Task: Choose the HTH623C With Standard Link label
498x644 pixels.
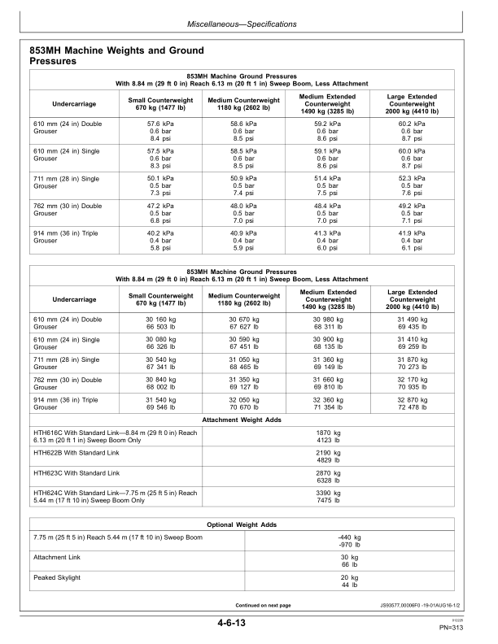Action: coord(76,472)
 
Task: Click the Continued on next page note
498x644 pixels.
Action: coord(263,605)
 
